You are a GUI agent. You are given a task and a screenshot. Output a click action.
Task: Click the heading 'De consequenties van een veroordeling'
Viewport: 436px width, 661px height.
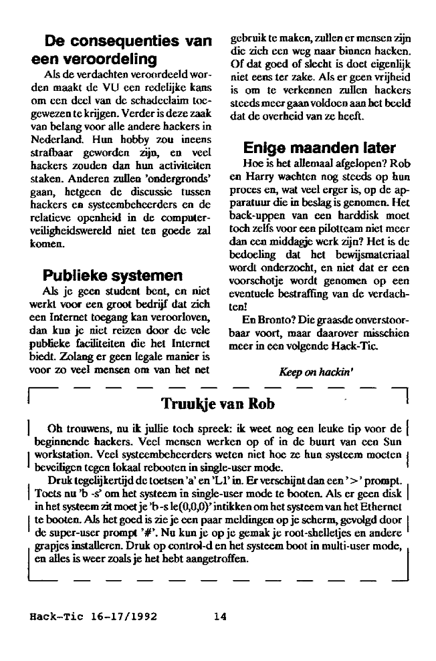[117, 49]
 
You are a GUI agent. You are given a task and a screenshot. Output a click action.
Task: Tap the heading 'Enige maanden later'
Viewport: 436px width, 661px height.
[320, 147]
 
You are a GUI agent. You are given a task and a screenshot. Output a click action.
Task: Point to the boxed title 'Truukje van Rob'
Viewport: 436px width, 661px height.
[218, 404]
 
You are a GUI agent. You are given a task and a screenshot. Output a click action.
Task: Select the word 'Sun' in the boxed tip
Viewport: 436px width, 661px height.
[393, 442]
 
